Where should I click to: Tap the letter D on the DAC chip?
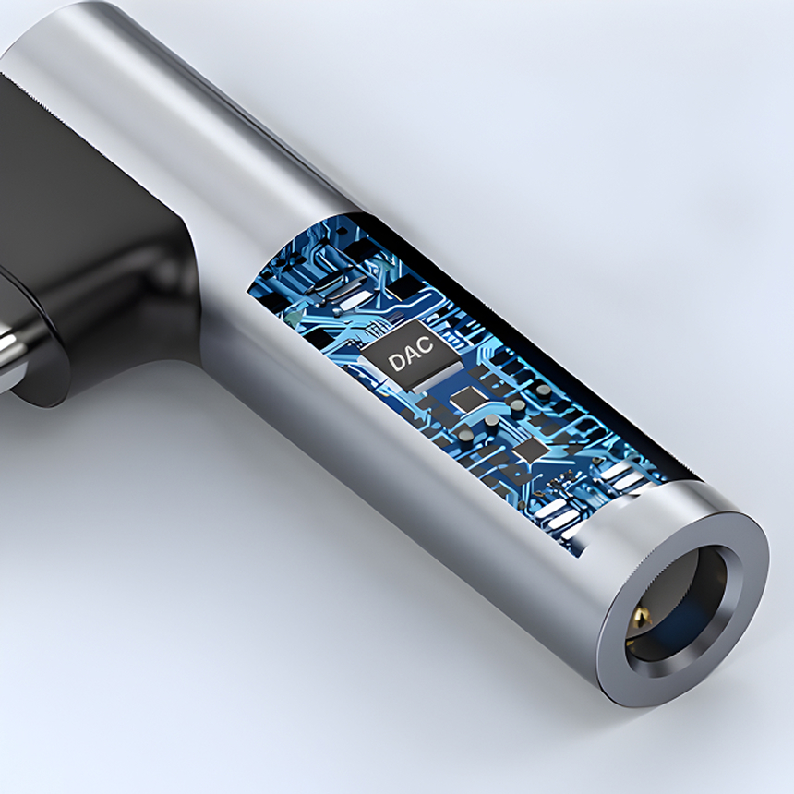395,362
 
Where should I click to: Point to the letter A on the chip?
410,354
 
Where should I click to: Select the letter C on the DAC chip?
426,344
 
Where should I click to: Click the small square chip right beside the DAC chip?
466,399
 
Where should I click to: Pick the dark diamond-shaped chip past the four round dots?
529,448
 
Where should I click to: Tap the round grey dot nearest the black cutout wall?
543,390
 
